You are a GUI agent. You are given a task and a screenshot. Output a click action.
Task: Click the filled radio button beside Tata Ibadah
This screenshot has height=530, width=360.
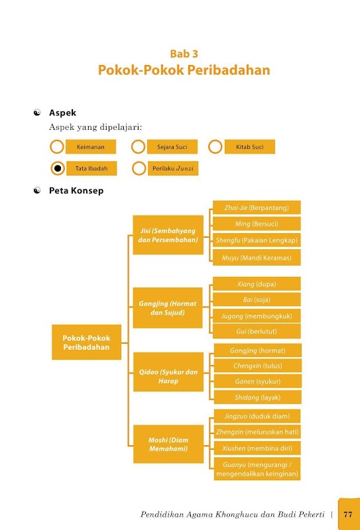click(58, 168)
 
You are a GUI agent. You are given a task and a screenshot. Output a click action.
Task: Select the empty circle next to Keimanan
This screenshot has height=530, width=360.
click(57, 146)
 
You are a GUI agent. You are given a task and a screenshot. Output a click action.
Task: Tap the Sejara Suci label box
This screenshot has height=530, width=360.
click(172, 146)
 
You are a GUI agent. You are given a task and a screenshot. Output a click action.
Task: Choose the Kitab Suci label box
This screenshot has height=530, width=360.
click(250, 146)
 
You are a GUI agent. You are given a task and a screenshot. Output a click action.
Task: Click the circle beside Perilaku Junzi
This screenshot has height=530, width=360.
click(139, 168)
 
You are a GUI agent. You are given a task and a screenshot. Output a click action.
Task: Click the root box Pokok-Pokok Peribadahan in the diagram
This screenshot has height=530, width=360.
click(87, 342)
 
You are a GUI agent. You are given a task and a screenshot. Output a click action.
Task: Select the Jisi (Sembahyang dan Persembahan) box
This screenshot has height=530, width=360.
click(168, 235)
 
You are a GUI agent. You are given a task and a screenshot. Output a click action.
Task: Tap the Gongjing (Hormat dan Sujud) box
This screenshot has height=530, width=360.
click(168, 307)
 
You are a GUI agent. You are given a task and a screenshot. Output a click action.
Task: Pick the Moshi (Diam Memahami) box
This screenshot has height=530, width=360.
click(168, 444)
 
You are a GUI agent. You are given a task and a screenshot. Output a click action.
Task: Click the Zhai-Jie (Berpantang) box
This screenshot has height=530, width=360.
click(257, 207)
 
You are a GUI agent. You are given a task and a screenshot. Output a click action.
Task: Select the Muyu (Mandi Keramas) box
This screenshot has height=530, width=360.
click(257, 258)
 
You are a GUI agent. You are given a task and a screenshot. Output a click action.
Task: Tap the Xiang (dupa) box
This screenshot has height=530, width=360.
click(257, 284)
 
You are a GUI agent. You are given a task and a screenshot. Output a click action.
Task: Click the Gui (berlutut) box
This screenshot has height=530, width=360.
click(257, 331)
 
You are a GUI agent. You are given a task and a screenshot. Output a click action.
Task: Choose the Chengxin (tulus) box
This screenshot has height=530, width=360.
click(258, 366)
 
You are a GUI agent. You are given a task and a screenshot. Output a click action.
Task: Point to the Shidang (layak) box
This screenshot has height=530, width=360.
click(258, 397)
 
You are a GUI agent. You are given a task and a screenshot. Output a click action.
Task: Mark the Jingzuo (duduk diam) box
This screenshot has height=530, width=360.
click(257, 416)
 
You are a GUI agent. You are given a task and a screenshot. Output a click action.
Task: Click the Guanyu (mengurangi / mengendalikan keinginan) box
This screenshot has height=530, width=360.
click(257, 469)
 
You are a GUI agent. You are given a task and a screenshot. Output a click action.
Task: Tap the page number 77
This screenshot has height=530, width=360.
click(348, 515)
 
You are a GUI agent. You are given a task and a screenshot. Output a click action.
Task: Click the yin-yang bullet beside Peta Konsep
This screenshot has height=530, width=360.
click(37, 191)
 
